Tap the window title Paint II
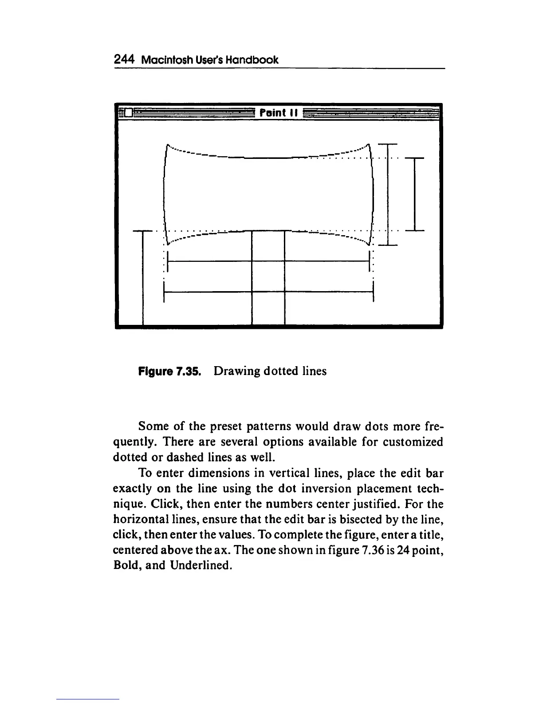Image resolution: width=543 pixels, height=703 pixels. point(278,112)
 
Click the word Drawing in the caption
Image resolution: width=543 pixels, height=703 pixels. point(236,371)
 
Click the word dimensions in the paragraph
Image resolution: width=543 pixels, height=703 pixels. point(216,473)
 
